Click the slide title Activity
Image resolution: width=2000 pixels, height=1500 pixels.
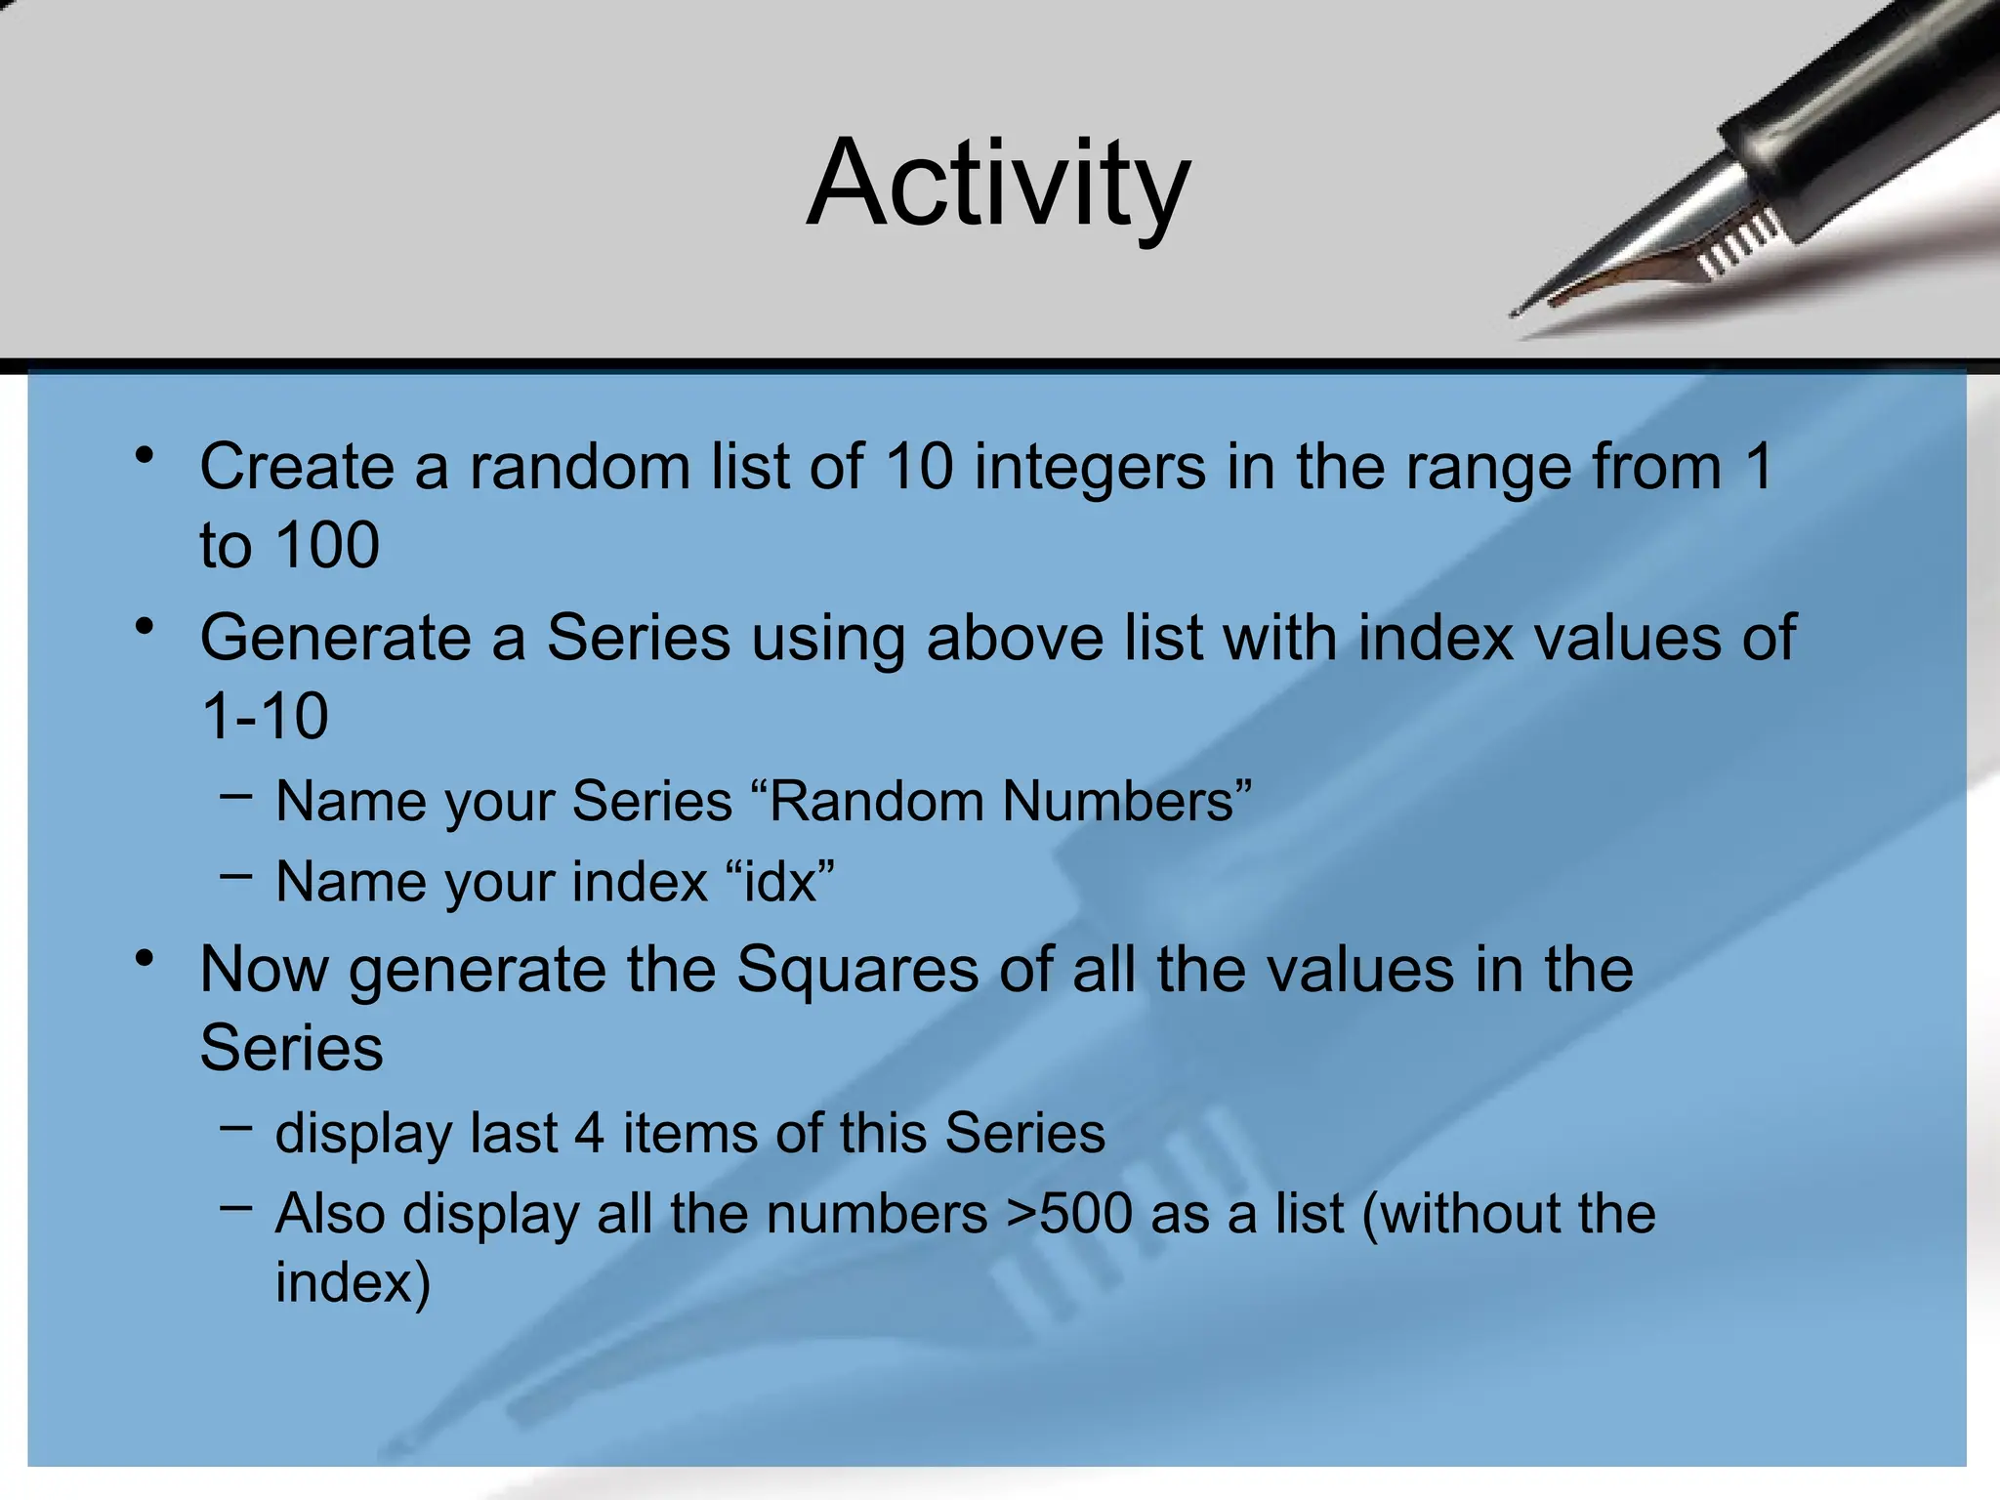click(998, 184)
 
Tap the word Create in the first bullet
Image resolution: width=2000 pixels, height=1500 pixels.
click(296, 467)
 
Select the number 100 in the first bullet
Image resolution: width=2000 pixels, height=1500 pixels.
click(326, 545)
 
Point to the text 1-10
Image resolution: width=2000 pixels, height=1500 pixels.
click(264, 717)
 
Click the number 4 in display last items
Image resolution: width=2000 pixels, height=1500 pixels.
click(589, 1134)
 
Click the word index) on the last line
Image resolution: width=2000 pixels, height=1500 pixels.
click(353, 1282)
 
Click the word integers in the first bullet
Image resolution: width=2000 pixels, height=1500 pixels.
click(1090, 467)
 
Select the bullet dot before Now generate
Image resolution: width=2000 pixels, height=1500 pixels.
click(146, 959)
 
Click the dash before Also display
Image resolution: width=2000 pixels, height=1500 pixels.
click(235, 1209)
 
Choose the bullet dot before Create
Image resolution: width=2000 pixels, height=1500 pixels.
click(146, 456)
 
